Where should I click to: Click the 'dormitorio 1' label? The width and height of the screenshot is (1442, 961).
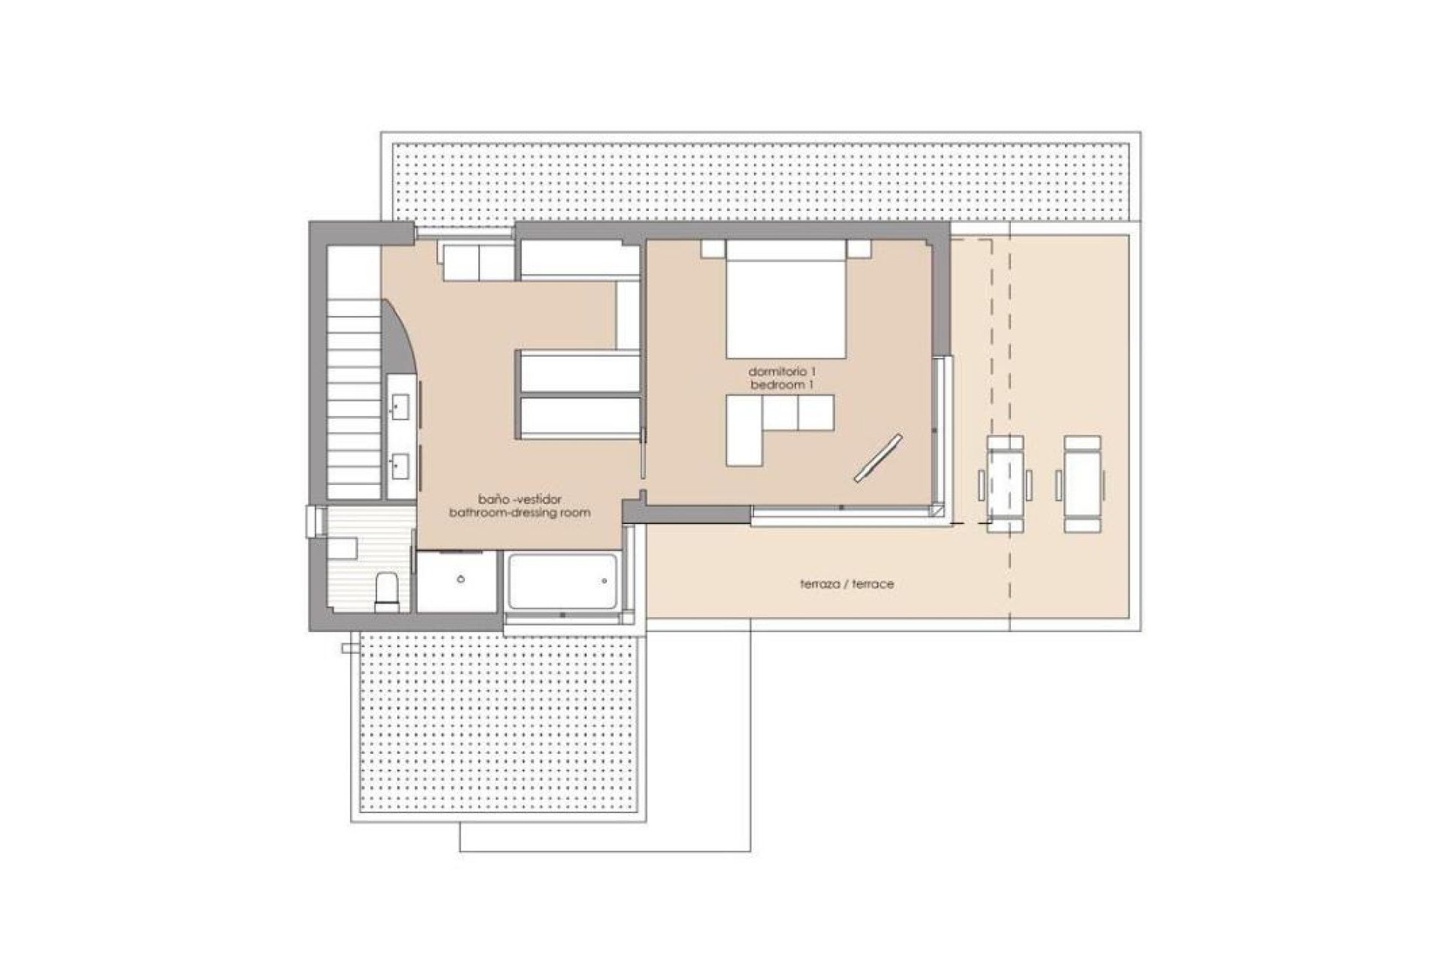pos(781,372)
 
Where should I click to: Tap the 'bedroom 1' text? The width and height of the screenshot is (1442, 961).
pos(781,385)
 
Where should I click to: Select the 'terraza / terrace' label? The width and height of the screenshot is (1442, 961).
pos(846,584)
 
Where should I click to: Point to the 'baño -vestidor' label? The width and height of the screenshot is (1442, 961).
pos(520,499)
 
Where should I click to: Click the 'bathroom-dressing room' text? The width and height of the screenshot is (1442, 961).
pos(520,513)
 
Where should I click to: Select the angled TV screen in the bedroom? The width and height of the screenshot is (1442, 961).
pos(879,457)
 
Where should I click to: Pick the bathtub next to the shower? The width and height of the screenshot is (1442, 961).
pos(562,581)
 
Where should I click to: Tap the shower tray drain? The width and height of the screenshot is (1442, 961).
pos(460,580)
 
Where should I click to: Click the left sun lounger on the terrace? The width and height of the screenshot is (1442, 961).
pos(1005,484)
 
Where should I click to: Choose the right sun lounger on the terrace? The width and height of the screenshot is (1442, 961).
pos(1082,484)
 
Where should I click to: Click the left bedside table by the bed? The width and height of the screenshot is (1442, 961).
pos(713,249)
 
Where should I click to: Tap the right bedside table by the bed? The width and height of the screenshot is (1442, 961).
pos(858,249)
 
